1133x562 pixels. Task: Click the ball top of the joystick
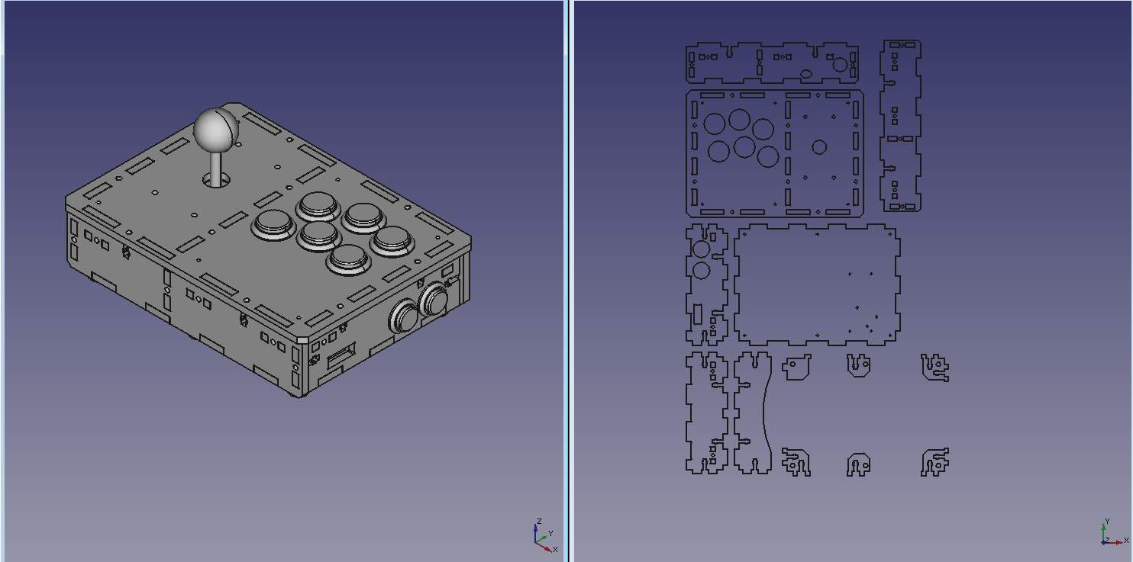click(216, 129)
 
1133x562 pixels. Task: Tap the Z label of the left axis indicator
click(539, 521)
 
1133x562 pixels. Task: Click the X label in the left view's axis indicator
click(555, 549)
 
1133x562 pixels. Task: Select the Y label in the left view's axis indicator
click(550, 533)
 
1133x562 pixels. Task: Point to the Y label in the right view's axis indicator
click(1107, 521)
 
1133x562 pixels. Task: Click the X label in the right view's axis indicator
click(1126, 541)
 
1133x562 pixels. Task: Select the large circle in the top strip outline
click(840, 65)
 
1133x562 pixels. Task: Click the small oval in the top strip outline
click(805, 74)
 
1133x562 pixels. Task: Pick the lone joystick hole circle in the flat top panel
click(819, 147)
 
